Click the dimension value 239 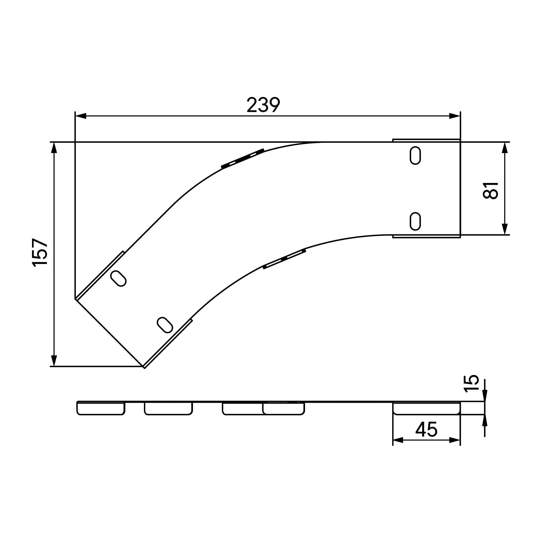point(263,105)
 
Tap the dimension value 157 point(40,253)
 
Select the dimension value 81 point(490,190)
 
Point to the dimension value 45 point(426,429)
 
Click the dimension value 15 point(471,384)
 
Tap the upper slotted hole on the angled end point(118,278)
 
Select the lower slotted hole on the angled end point(165,325)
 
